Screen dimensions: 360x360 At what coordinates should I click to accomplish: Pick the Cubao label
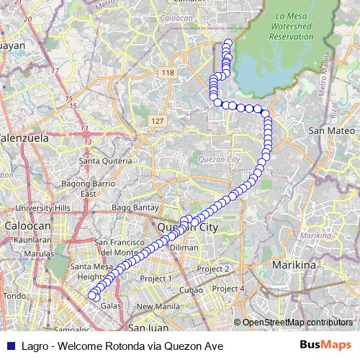(x=192, y=289)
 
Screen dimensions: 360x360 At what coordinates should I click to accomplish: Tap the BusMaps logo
(x=326, y=345)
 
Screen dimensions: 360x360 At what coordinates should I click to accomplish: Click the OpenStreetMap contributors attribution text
(x=297, y=323)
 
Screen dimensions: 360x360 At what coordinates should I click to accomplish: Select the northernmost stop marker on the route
(x=228, y=42)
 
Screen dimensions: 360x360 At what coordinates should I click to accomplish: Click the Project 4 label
(x=231, y=289)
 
